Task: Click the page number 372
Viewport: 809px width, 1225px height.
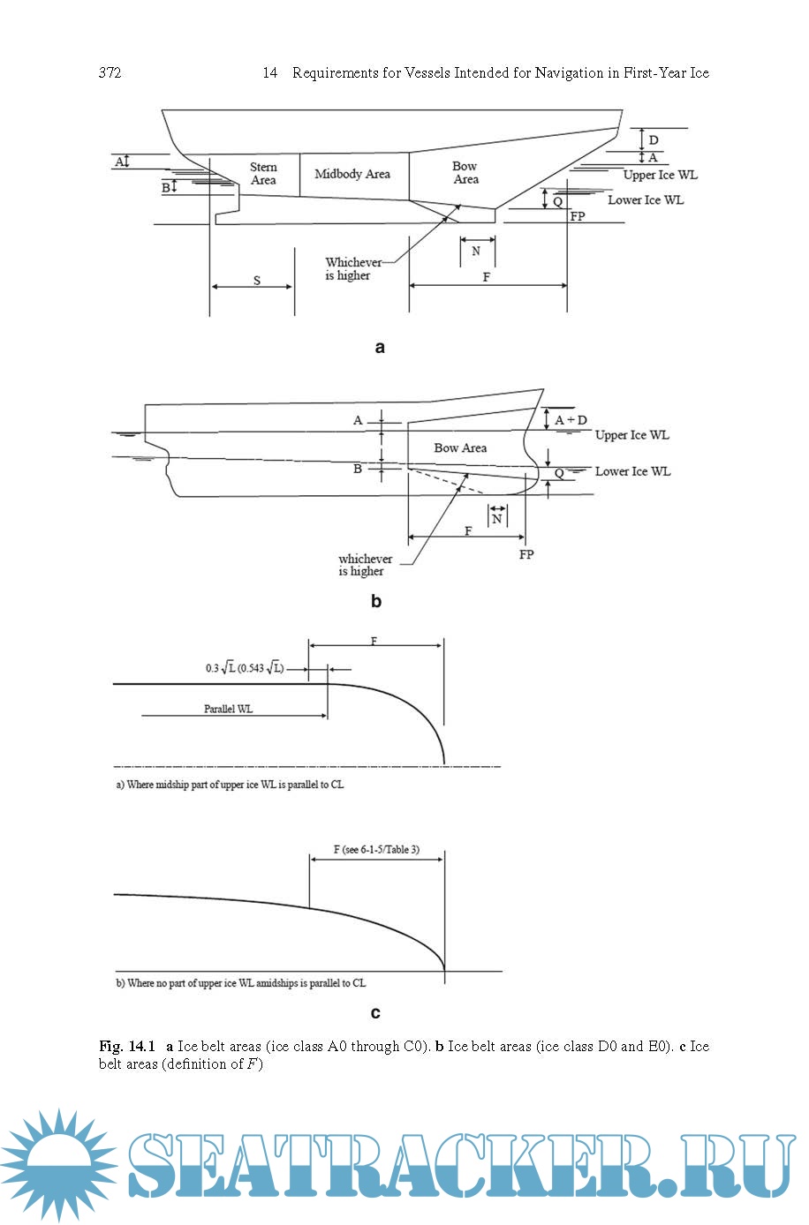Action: [110, 73]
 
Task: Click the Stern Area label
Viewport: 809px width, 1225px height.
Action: [263, 174]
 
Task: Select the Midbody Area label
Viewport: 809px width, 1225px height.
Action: [352, 174]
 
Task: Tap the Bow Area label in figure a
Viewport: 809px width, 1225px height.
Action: [465, 173]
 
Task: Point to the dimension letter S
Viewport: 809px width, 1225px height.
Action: [257, 281]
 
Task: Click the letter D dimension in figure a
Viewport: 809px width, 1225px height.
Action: [654, 140]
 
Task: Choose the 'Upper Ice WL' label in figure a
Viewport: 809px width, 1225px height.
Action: [660, 175]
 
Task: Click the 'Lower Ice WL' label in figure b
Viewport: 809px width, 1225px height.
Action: [632, 471]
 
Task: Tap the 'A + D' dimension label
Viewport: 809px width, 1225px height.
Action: [571, 420]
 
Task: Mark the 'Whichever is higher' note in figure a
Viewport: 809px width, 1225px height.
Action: [352, 269]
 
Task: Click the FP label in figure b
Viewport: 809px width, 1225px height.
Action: [526, 555]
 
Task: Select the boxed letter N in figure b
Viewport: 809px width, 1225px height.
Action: [497, 519]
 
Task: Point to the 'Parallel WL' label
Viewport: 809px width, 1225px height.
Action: [228, 709]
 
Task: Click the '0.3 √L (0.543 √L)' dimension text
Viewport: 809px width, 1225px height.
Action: [245, 668]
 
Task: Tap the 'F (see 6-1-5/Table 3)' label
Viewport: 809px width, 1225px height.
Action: [376, 850]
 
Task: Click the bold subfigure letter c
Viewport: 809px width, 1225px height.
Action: [376, 1013]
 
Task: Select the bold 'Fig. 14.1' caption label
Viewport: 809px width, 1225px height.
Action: [127, 1047]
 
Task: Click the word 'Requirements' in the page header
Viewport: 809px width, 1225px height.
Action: [335, 73]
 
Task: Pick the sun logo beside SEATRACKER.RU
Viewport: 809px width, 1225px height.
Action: [58, 1165]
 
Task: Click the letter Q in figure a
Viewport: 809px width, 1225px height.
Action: [557, 202]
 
